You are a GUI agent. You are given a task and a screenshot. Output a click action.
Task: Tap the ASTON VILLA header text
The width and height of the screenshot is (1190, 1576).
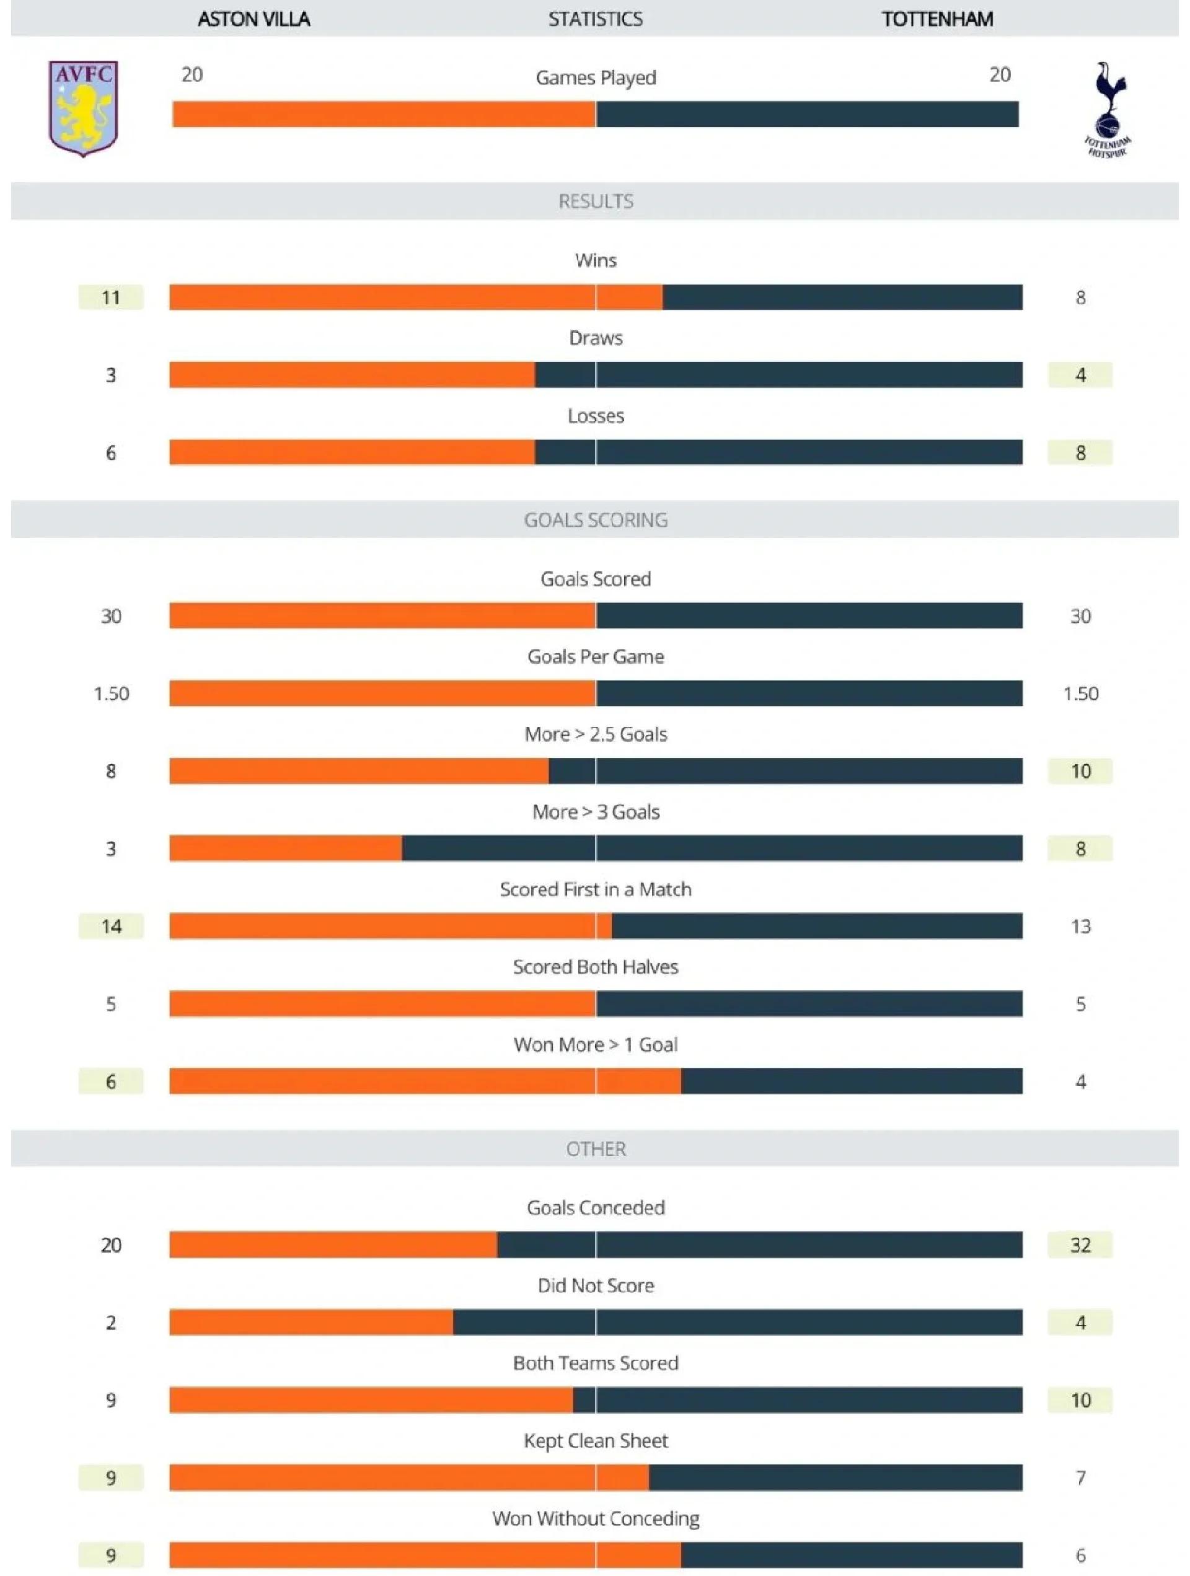tap(253, 19)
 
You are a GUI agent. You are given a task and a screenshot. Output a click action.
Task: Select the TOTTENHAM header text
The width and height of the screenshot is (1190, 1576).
tap(937, 19)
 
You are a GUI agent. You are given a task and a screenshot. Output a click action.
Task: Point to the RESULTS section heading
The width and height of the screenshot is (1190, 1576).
tap(596, 201)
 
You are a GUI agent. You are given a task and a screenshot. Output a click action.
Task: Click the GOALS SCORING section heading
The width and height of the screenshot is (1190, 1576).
tap(596, 519)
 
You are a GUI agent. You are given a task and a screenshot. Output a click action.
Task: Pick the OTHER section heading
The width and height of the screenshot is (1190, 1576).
tap(596, 1148)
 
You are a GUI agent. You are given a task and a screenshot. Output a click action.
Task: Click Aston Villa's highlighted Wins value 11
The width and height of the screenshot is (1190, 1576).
tap(110, 297)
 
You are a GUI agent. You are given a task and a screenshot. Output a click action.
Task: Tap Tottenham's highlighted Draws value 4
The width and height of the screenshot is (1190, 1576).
tap(1080, 375)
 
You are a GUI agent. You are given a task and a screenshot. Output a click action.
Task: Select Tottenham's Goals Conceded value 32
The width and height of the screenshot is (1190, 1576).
tap(1080, 1244)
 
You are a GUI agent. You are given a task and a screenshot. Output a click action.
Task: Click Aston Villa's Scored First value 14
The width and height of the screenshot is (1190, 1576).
tap(110, 927)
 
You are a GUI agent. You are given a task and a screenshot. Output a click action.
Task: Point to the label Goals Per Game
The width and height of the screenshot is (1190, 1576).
tap(596, 656)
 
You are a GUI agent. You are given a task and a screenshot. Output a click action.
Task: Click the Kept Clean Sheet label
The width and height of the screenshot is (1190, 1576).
tap(596, 1440)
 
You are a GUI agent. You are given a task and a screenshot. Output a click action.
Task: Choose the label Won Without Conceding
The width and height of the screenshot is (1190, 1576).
tap(596, 1518)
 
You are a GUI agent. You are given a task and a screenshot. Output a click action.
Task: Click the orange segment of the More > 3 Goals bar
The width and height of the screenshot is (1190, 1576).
tap(285, 848)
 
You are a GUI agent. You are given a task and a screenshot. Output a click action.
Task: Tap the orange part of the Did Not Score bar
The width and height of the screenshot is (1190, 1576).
tap(311, 1323)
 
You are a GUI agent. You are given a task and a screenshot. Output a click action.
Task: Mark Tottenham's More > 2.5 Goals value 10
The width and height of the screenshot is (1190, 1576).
tap(1080, 771)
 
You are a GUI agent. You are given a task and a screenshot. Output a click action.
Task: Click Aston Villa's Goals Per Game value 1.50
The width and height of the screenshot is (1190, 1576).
tap(111, 693)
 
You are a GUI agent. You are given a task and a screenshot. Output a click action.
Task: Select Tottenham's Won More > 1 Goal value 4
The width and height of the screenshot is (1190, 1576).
tap(1080, 1081)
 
